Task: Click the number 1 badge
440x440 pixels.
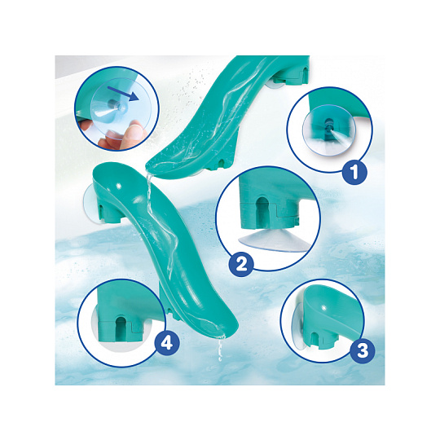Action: pyautogui.click(x=354, y=171)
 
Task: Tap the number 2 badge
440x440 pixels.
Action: pyautogui.click(x=241, y=263)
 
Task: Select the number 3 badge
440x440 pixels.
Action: pyautogui.click(x=363, y=350)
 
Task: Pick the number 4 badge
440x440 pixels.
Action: pyautogui.click(x=167, y=342)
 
